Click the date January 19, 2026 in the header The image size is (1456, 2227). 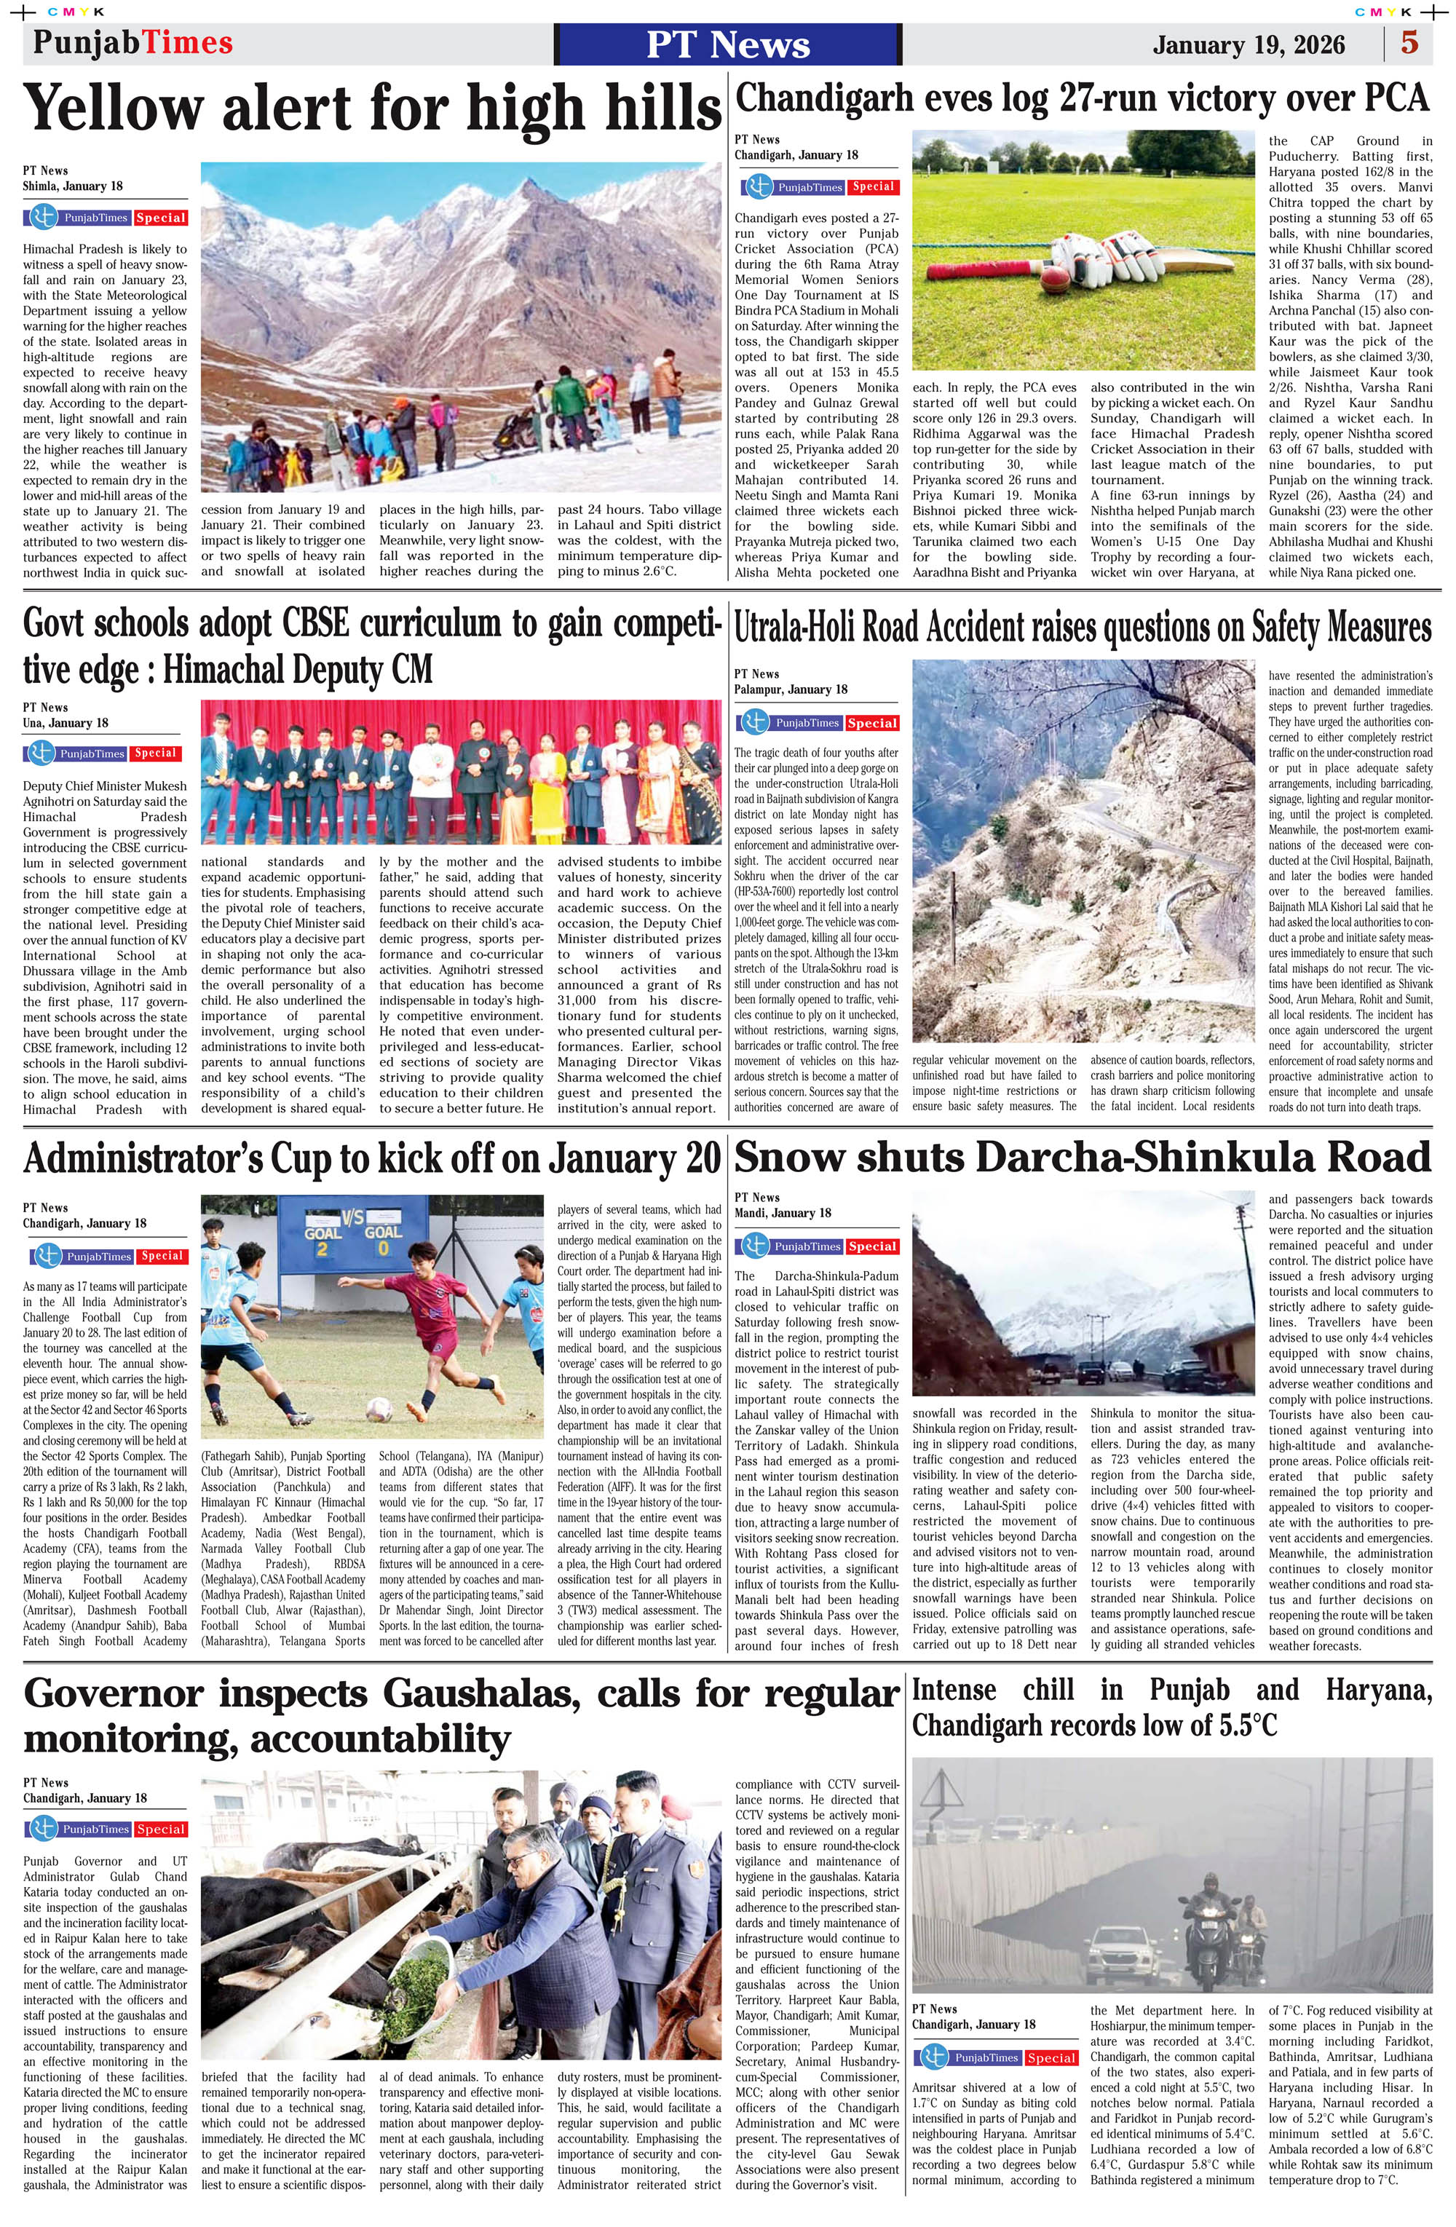click(1249, 45)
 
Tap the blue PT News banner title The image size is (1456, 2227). click(728, 44)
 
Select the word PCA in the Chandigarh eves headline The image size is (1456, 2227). click(1393, 98)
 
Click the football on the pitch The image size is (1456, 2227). click(379, 1407)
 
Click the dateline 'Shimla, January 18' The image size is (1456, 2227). click(73, 186)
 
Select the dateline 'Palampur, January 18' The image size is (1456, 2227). click(791, 689)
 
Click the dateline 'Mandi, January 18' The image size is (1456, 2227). click(783, 1213)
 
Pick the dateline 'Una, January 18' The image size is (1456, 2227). click(66, 724)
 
